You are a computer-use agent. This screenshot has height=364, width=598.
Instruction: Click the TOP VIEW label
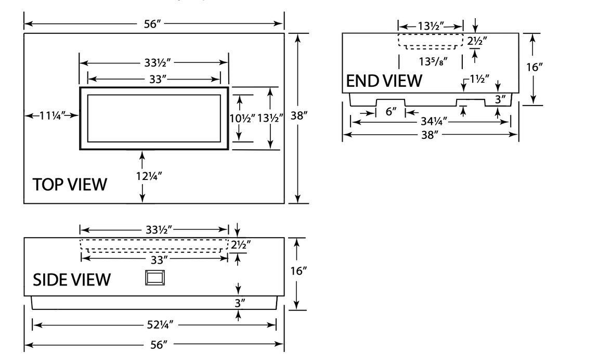pyautogui.click(x=70, y=184)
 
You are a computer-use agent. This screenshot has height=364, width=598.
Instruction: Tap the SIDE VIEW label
pyautogui.click(x=72, y=279)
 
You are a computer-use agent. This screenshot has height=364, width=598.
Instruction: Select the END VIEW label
pyautogui.click(x=384, y=81)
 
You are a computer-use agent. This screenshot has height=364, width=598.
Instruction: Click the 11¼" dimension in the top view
pyautogui.click(x=51, y=115)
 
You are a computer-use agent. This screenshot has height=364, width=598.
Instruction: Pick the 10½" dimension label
pyautogui.click(x=242, y=118)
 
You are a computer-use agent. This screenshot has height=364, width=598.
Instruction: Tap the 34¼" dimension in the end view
pyautogui.click(x=431, y=123)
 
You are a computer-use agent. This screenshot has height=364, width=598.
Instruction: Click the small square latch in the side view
pyautogui.click(x=154, y=278)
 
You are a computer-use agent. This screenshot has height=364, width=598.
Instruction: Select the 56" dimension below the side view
pyautogui.click(x=154, y=344)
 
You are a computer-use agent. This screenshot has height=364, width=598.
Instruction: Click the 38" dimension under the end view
pyautogui.click(x=431, y=135)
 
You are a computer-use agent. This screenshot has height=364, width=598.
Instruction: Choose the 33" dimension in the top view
pyautogui.click(x=154, y=80)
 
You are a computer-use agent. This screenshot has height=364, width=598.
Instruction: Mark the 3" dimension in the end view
pyautogui.click(x=500, y=99)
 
